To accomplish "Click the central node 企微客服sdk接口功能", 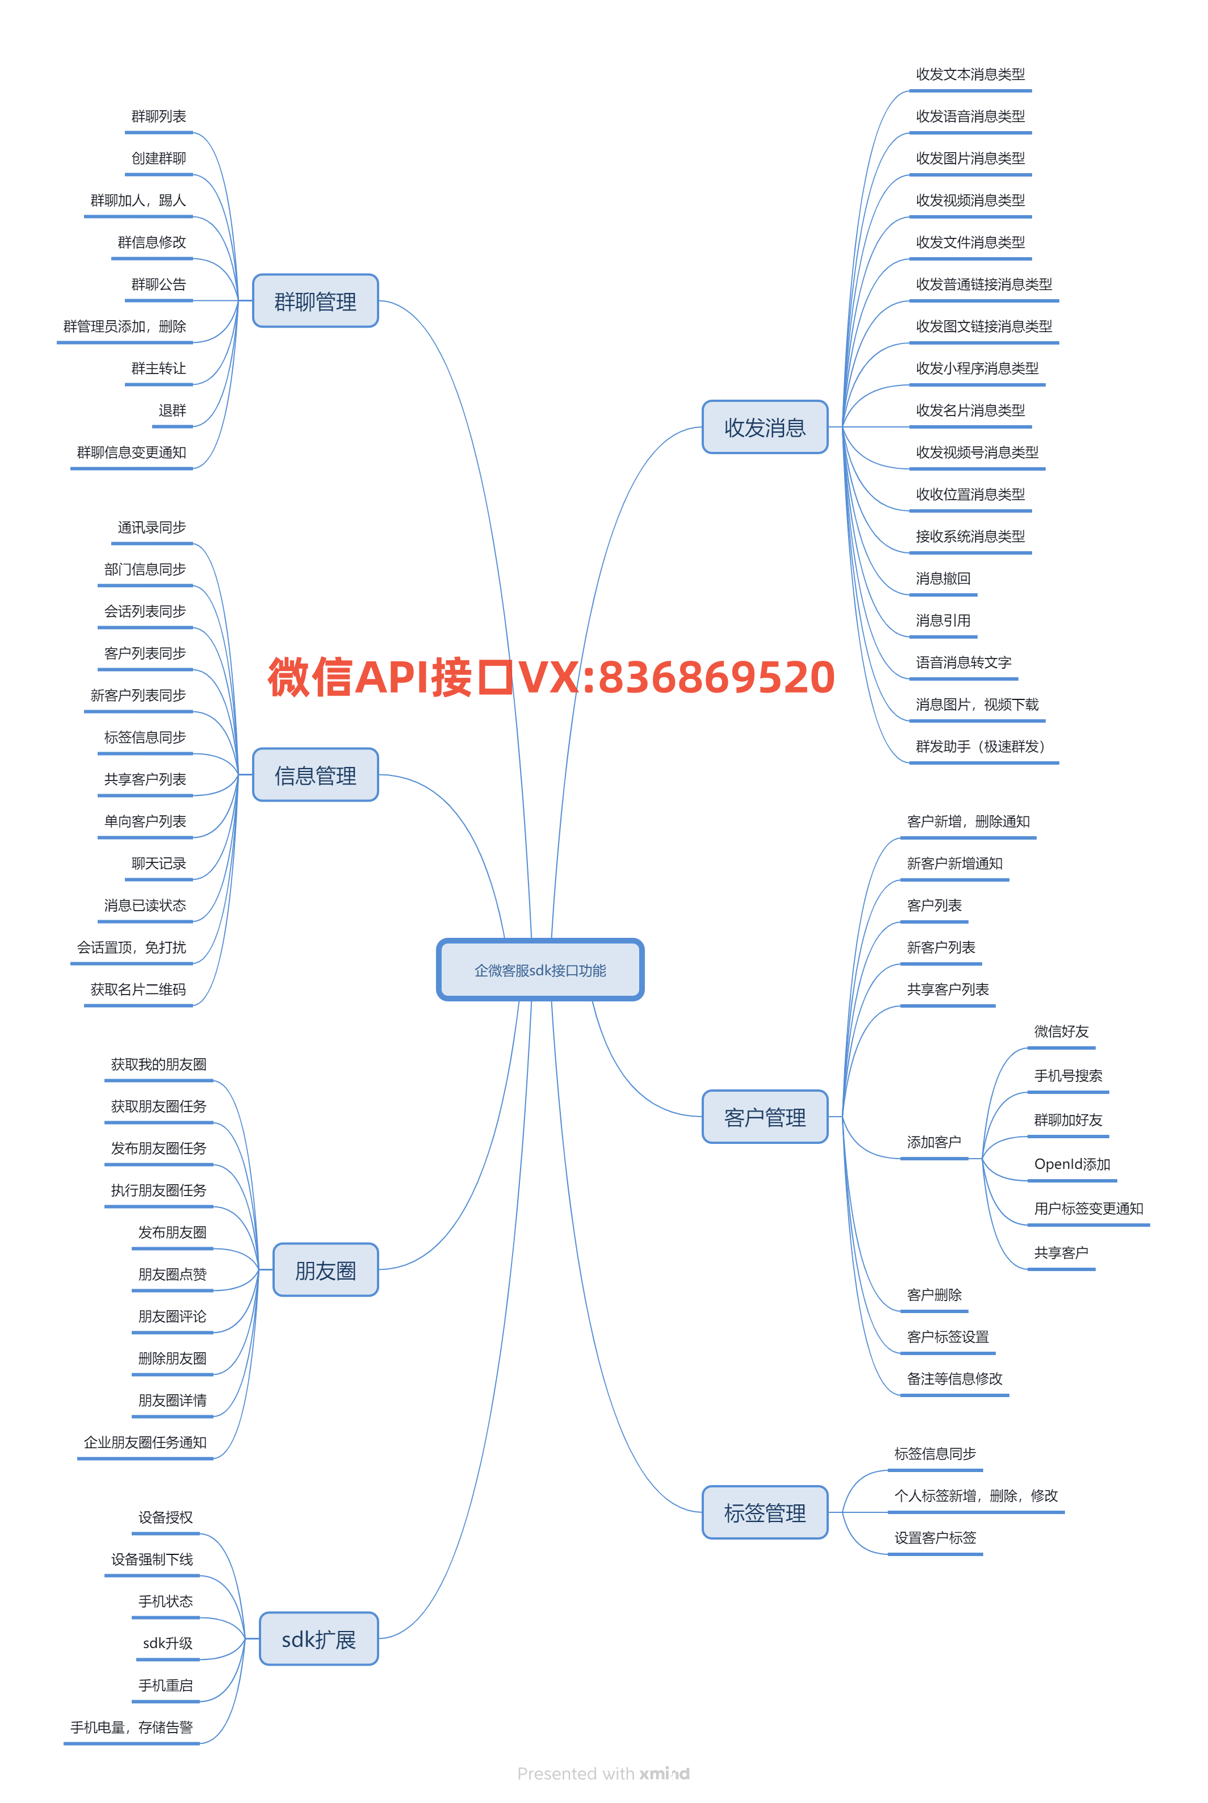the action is [x=540, y=970].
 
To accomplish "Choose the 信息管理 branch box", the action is [x=315, y=775].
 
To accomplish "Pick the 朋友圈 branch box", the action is [x=325, y=1270].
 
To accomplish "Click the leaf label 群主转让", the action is [x=159, y=368].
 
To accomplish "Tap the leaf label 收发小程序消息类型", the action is [x=977, y=368].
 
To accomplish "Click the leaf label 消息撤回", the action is [x=943, y=578].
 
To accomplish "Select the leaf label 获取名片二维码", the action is [x=139, y=989].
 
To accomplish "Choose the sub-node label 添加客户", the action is [x=934, y=1142].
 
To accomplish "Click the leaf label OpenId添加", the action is [x=1072, y=1164].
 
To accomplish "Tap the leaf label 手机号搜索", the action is [x=1068, y=1076].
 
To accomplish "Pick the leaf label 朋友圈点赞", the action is [x=173, y=1274].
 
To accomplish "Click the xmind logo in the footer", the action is [x=664, y=1773].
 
